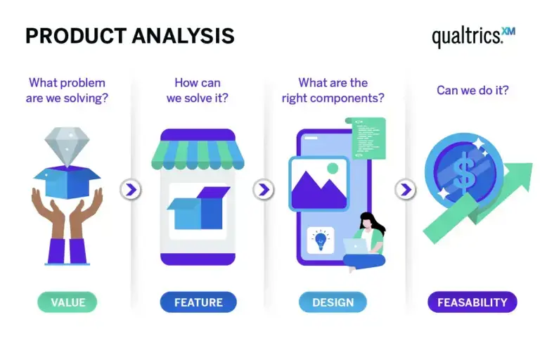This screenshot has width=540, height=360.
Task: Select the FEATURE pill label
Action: pos(198,302)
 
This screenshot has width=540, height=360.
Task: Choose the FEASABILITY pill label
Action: pos(472,302)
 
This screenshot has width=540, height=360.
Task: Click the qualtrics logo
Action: pos(472,36)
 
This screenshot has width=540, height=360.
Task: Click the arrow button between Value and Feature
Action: pos(131,189)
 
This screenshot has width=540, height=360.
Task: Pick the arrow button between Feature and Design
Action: pos(264,189)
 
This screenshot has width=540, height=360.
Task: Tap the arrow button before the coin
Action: pos(405,189)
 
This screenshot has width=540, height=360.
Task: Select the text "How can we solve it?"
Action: pos(198,90)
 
